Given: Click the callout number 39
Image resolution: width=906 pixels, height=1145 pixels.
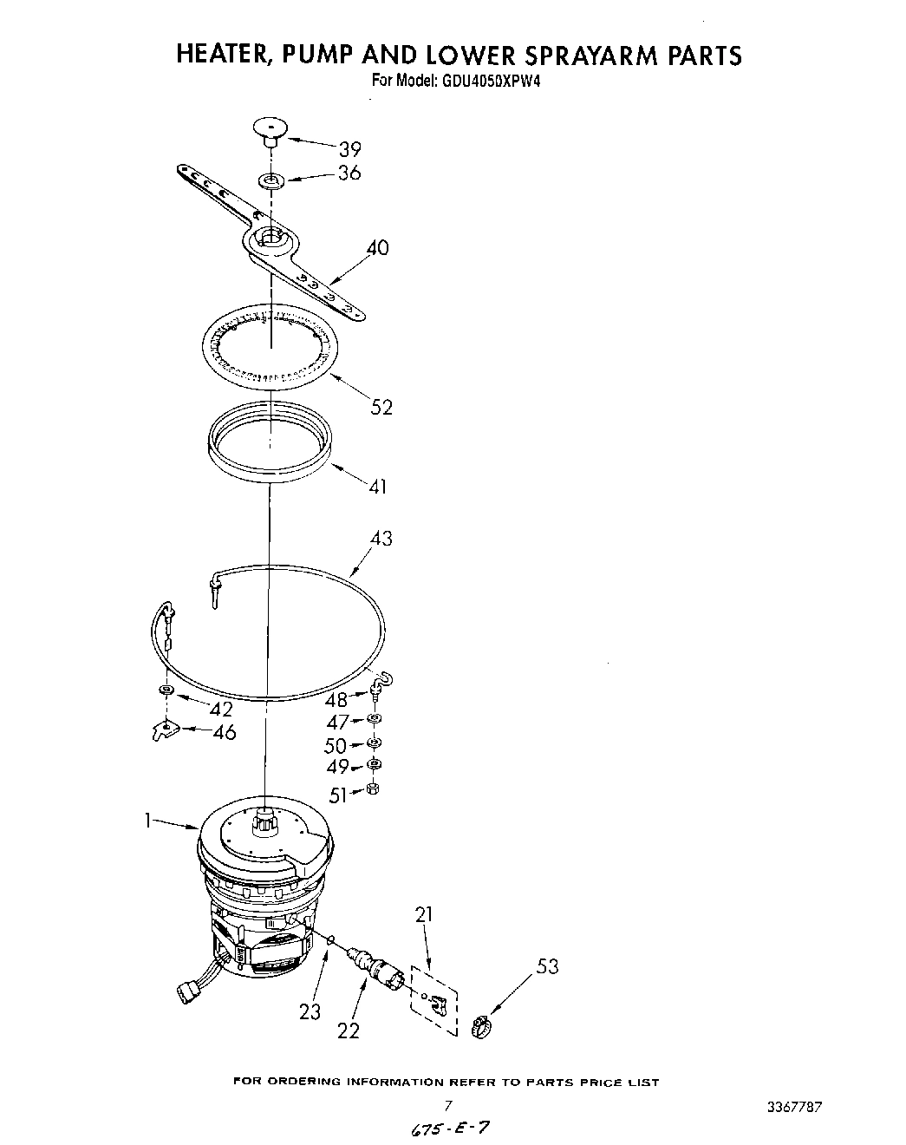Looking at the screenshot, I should click(349, 148).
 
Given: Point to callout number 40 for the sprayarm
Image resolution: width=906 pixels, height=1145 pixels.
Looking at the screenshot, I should click(377, 248).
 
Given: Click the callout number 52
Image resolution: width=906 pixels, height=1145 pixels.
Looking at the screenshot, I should click(381, 406).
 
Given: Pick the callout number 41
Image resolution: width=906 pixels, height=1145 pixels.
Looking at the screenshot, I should click(377, 487).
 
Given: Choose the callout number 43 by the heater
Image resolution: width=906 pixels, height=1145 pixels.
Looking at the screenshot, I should click(381, 539).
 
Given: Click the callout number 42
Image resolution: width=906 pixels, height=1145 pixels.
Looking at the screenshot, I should click(221, 708).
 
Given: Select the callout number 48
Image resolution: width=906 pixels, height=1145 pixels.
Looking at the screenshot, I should click(336, 700).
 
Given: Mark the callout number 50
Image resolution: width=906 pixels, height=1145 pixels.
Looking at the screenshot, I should click(335, 745).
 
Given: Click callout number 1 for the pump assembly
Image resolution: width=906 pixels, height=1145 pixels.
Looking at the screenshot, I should click(150, 818).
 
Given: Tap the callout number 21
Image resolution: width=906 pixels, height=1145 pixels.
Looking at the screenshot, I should click(424, 913).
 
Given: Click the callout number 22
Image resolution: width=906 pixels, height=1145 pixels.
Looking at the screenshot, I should click(349, 1030).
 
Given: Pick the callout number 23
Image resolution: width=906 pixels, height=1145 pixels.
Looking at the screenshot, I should click(310, 1011).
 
